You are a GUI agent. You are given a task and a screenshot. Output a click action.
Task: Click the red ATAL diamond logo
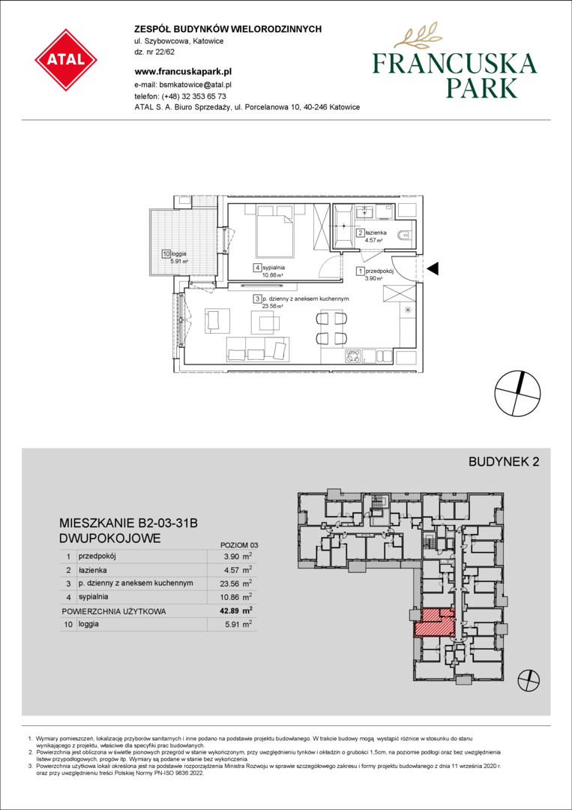66,60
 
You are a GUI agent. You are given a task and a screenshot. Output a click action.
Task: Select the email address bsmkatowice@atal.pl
196,84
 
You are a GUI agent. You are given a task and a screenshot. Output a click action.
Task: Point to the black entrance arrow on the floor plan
433,268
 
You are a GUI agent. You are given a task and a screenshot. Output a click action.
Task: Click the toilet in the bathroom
404,235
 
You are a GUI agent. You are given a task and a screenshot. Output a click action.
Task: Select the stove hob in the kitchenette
353,356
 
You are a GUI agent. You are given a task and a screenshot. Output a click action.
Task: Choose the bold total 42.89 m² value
238,611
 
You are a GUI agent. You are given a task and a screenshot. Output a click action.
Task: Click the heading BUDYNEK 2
503,462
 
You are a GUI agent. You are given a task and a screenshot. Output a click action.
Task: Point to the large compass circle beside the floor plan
518,394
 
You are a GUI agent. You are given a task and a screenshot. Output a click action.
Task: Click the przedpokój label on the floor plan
379,271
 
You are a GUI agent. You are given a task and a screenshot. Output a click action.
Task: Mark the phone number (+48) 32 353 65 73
193,96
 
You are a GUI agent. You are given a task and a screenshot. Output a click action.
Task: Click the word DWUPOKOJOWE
110,538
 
